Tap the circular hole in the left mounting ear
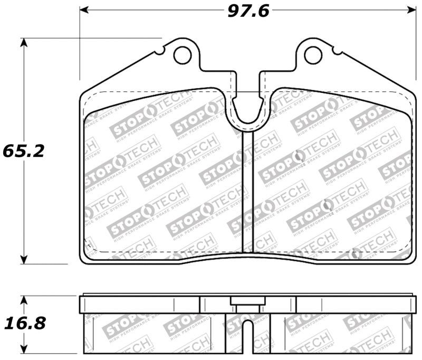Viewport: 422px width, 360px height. point(183,53)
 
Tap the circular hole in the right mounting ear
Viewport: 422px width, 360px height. point(313,53)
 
